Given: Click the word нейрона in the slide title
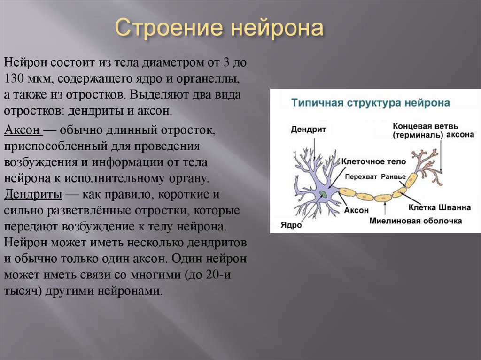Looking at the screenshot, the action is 277,27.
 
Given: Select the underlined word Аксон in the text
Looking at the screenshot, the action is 22,130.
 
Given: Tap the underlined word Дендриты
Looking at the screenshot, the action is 33,195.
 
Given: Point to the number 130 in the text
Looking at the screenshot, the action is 14,79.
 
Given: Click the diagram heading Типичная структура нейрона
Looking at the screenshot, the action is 371,103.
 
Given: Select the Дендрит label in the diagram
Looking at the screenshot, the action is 308,130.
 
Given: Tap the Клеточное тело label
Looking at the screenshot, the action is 373,161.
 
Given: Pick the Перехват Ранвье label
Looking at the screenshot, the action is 375,176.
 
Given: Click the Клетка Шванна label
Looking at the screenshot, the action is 439,207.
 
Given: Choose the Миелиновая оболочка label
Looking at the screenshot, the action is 416,221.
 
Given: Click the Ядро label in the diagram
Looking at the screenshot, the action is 291,225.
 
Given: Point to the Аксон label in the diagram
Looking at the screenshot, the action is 356,210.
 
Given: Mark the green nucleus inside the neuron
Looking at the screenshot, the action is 323,193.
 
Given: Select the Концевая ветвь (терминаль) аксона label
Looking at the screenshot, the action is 434,130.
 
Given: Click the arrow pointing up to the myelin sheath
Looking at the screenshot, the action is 385,208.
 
